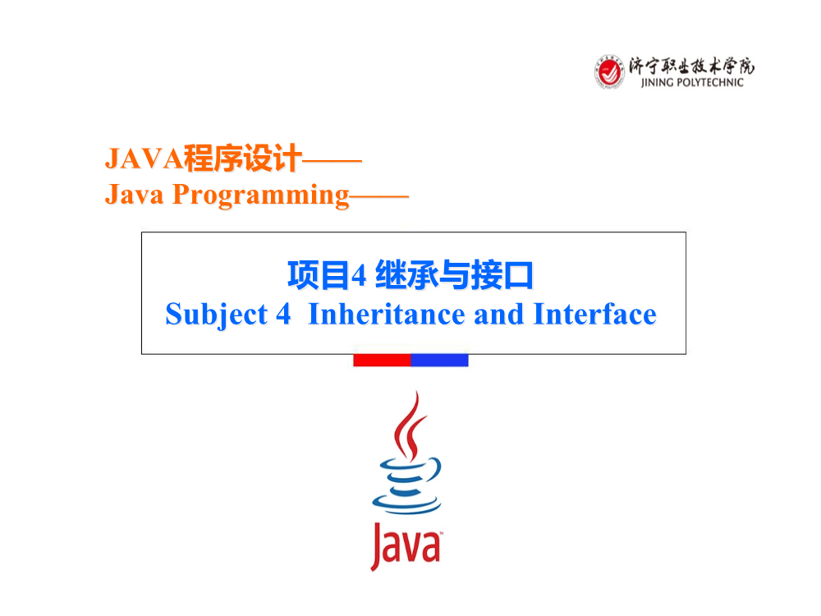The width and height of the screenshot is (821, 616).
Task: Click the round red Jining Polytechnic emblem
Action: click(x=609, y=71)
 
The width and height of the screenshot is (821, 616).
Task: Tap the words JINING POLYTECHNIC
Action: click(x=691, y=82)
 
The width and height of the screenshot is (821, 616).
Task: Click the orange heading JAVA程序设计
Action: click(x=204, y=159)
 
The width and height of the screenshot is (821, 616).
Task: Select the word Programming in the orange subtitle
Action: click(x=261, y=195)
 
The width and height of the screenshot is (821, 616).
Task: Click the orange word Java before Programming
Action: click(x=135, y=195)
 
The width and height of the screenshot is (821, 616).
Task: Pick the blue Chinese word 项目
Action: click(x=319, y=275)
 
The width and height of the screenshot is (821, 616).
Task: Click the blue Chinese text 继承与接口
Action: click(x=454, y=275)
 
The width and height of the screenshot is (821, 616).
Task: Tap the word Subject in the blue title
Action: click(x=216, y=315)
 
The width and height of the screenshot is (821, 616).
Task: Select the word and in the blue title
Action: click(x=498, y=315)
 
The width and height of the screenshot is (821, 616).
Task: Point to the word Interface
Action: click(x=594, y=315)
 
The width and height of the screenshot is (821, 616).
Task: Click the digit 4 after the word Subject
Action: click(x=283, y=315)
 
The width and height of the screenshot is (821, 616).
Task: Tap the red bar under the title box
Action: click(x=382, y=361)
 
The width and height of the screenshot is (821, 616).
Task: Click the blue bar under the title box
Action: click(x=439, y=361)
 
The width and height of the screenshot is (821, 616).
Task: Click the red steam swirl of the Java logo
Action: click(x=410, y=427)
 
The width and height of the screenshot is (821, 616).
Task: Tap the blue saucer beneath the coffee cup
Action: click(x=406, y=504)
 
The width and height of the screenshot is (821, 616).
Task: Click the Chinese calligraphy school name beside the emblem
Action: click(x=691, y=66)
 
